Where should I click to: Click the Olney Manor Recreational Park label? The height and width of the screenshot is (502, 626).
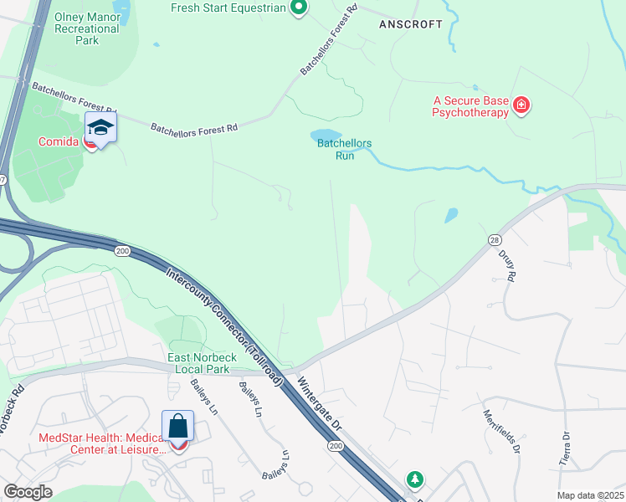(87, 28)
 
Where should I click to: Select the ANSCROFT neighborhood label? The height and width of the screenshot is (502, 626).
(410, 24)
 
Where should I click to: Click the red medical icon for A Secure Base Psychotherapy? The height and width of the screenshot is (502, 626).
(522, 105)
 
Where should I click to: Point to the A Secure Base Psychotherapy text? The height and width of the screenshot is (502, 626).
(470, 106)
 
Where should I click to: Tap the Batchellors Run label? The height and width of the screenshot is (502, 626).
(344, 149)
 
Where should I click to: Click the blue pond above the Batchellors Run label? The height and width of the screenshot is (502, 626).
(326, 136)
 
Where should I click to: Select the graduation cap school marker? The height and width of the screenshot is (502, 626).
(100, 128)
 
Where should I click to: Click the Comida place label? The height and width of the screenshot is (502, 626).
(59, 141)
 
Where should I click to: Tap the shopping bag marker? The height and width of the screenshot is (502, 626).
(178, 426)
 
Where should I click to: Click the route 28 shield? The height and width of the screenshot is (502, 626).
(494, 239)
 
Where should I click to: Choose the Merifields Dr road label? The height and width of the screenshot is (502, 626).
(502, 431)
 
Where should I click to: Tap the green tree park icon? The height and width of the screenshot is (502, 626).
(414, 479)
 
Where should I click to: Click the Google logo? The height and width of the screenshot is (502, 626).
(28, 492)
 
